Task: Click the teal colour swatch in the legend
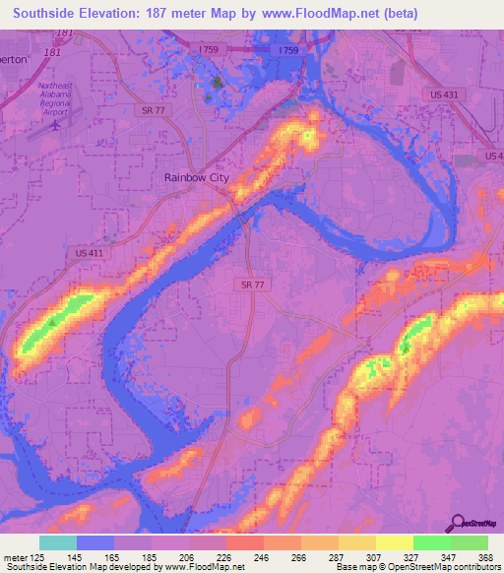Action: pos(57,542)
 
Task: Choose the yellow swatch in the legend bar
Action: pos(394,542)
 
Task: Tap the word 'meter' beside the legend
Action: pos(16,556)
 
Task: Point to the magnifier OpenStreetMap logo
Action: pos(459,524)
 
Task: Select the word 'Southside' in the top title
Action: pos(49,14)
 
